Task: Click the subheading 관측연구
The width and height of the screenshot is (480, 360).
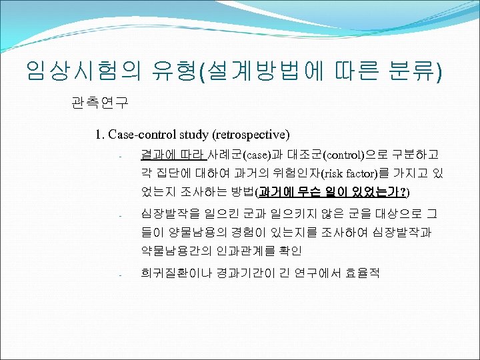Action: (99, 103)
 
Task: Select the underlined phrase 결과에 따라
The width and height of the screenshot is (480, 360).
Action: (173, 155)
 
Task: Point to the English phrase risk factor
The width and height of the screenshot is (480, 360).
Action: (350, 174)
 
